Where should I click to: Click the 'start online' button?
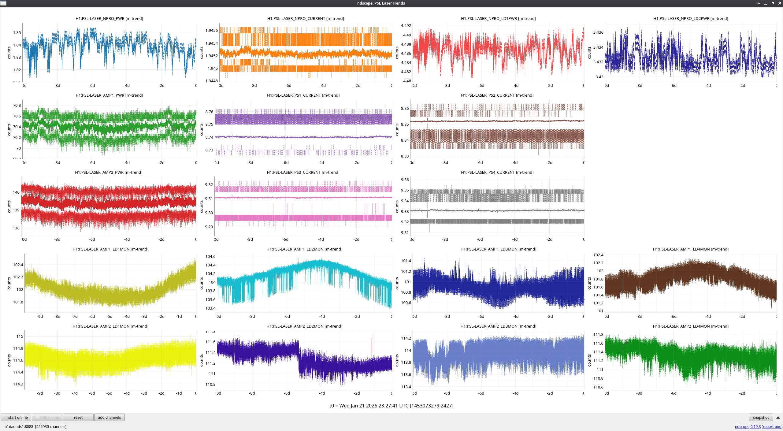[x=16, y=417]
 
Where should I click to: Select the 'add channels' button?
[x=109, y=417]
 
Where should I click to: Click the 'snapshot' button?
[x=761, y=417]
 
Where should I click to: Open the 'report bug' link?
[x=772, y=426]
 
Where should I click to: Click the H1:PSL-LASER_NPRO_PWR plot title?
[x=109, y=18]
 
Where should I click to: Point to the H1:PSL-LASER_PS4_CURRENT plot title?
[x=497, y=172]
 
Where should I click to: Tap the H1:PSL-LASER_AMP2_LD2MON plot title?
[x=304, y=326]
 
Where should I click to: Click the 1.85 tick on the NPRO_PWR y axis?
[x=17, y=32]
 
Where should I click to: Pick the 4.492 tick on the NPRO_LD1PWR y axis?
[x=406, y=25]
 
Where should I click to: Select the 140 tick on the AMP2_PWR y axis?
[x=16, y=192]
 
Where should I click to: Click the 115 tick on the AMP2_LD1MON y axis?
[x=20, y=336]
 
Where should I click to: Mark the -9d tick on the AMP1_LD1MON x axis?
[x=40, y=316]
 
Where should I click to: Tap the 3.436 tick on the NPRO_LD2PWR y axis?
[x=598, y=32]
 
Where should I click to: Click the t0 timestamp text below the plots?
[x=391, y=406]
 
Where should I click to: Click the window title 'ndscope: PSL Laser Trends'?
[x=381, y=3]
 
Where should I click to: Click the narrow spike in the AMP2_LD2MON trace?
[x=372, y=340]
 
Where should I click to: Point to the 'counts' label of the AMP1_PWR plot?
[x=9, y=129]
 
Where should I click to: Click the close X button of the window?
[x=780, y=3]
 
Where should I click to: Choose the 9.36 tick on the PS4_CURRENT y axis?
[x=405, y=180]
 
